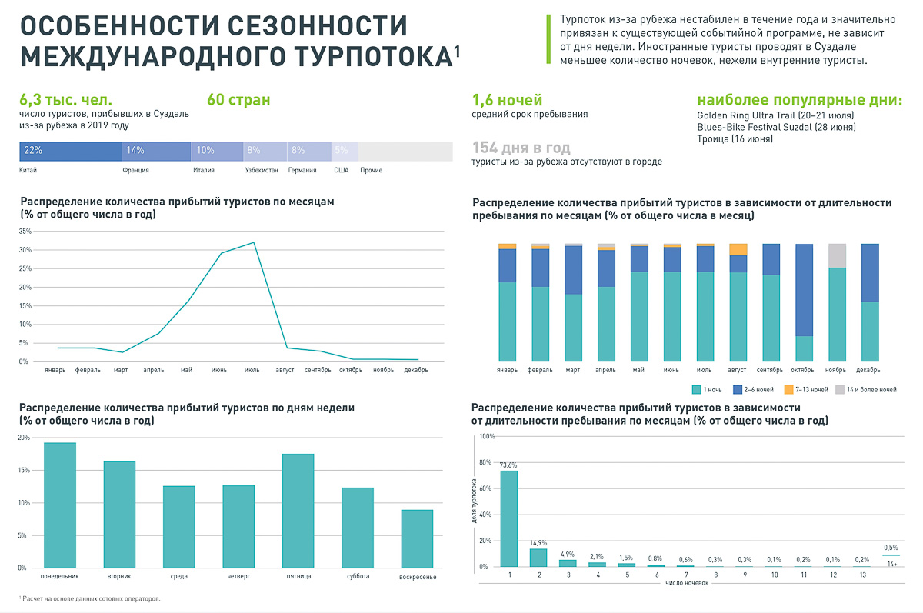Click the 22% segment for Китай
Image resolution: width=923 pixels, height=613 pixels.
[70, 151]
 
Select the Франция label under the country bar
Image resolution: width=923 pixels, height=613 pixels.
[135, 170]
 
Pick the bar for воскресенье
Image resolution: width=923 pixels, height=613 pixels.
[417, 538]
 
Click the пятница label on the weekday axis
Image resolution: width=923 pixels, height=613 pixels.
[298, 576]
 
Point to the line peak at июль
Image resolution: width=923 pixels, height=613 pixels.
[253, 242]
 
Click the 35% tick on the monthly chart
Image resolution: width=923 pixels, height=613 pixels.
[24, 232]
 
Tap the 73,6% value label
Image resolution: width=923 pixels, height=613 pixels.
[508, 465]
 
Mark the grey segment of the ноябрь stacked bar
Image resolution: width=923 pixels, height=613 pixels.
[837, 255]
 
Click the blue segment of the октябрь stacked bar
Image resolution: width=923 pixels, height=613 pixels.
[804, 290]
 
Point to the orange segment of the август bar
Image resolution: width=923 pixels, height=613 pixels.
[738, 249]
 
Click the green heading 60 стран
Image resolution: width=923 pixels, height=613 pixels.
[238, 100]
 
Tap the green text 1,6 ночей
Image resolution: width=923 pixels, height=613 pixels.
[507, 100]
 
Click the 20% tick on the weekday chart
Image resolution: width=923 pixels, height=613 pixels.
[24, 438]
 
